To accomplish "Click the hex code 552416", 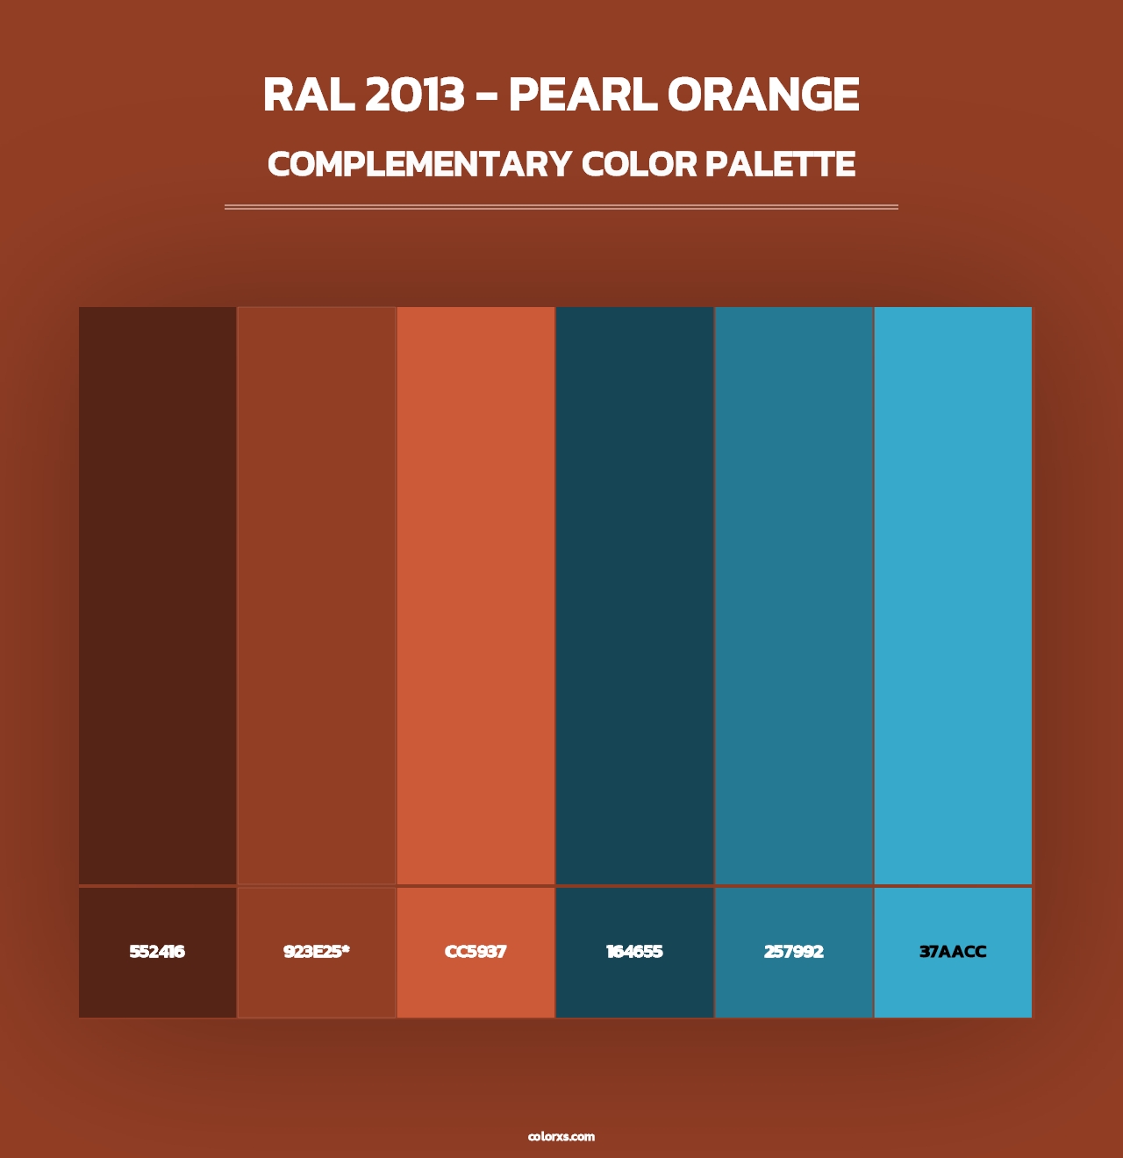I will coord(157,952).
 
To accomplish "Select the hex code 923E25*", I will coord(316,952).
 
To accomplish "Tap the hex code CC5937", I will coord(476,952).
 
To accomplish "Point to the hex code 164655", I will coord(634,952).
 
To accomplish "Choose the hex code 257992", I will coord(794,952).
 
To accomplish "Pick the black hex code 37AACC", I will coord(953,952).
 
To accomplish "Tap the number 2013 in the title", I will coord(414,95).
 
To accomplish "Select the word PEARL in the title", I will coord(582,95).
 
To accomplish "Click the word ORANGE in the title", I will coord(762,95).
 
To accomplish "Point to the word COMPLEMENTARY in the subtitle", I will coord(419,164).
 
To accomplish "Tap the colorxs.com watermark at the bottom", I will coord(561,1136).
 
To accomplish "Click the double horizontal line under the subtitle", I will coord(561,207).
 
